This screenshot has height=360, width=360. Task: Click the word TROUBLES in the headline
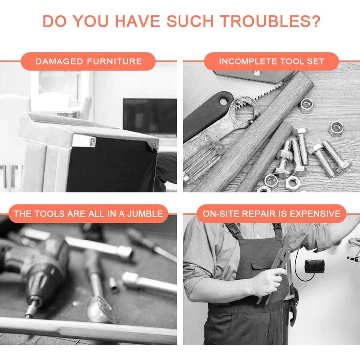click(263, 21)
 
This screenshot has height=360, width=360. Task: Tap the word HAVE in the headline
click(137, 21)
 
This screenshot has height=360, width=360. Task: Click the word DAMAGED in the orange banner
click(59, 61)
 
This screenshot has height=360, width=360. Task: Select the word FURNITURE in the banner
click(115, 61)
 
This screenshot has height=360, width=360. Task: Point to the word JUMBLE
click(145, 214)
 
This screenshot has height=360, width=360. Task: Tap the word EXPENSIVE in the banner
click(315, 214)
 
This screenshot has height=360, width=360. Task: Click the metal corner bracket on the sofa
click(84, 141)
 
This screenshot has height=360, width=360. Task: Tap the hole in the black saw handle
click(223, 102)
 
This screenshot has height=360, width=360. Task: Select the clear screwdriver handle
click(202, 162)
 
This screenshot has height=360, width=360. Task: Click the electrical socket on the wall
click(314, 266)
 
